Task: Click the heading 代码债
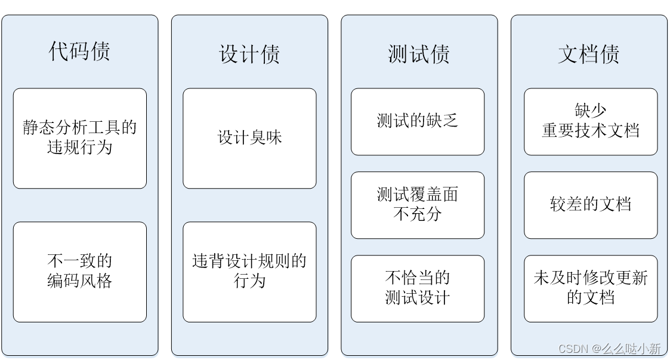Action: (79, 51)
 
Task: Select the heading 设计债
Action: (249, 54)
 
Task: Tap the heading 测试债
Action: (419, 54)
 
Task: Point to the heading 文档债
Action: (589, 54)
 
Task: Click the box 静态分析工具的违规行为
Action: (80, 138)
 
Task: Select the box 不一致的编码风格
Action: (80, 272)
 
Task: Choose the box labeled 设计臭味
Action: (249, 138)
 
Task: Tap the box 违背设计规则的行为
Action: (249, 272)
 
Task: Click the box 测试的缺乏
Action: (418, 121)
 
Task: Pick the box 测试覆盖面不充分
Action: (418, 205)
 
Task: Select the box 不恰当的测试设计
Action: (418, 288)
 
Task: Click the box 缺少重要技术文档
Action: (591, 121)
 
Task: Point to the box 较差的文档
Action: (591, 205)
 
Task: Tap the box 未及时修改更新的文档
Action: (591, 288)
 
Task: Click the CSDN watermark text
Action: (609, 349)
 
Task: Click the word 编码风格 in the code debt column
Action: (80, 281)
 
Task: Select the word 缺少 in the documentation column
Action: (591, 110)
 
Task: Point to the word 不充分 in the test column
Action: (418, 214)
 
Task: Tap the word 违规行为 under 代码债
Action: (80, 147)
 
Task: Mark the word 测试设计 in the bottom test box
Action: (418, 297)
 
